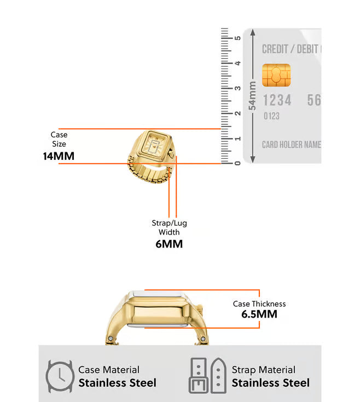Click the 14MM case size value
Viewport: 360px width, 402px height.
pyautogui.click(x=59, y=156)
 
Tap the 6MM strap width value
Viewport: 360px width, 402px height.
pyautogui.click(x=169, y=244)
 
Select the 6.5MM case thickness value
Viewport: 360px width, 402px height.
pyautogui.click(x=259, y=314)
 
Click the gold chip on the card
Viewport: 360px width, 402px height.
pyautogui.click(x=276, y=76)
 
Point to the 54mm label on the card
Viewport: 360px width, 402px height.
pyautogui.click(x=252, y=96)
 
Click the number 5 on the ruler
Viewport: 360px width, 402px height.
pyautogui.click(x=238, y=38)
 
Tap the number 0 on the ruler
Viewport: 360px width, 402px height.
pyautogui.click(x=238, y=163)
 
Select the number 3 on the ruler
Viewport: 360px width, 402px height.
pyautogui.click(x=238, y=88)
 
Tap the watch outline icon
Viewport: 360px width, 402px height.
pyautogui.click(x=60, y=376)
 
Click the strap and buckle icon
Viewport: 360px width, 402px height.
pyautogui.click(x=207, y=376)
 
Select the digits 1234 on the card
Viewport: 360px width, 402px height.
pyautogui.click(x=277, y=100)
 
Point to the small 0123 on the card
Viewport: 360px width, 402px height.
pyautogui.click(x=271, y=116)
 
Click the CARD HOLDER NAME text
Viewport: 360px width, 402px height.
pyautogui.click(x=292, y=145)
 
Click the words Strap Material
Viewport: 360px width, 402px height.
pyautogui.click(x=264, y=370)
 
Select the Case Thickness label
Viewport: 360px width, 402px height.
pyautogui.click(x=259, y=304)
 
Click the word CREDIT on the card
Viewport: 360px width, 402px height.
pyautogui.click(x=275, y=49)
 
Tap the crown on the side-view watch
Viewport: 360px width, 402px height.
pyautogui.click(x=200, y=309)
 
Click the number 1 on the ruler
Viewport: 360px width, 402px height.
pyautogui.click(x=238, y=139)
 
